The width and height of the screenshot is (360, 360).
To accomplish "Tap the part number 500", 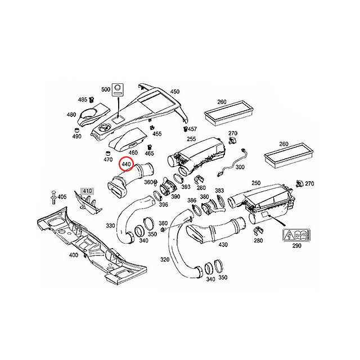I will point(105,89).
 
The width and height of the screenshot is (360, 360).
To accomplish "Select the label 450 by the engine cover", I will point(175,92).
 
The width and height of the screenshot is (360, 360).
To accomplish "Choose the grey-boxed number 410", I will point(87,192).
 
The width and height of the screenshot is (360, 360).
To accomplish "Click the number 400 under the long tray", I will point(74,255).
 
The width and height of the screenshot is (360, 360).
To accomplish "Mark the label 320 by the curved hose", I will point(165,260).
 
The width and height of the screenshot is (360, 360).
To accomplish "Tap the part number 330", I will point(110,225).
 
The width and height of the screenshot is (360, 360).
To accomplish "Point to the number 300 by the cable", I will point(240,168).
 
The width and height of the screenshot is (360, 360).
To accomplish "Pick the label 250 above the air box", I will point(255,183).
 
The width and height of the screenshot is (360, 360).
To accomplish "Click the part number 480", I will point(71,115).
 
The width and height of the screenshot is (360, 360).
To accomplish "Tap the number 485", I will point(82,100).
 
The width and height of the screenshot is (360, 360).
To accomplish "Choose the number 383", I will point(219,191).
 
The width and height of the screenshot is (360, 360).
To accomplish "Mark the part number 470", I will point(108,160).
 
